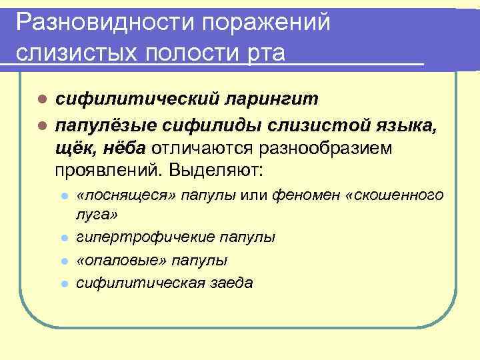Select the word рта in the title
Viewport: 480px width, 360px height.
tap(266, 53)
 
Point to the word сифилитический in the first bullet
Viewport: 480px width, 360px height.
tap(136, 99)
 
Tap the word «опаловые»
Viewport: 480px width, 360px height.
tap(115, 259)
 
